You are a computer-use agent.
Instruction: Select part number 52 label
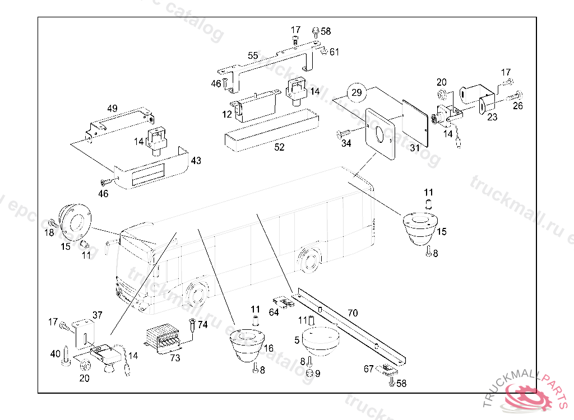point(279,147)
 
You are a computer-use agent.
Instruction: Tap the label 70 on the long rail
point(353,313)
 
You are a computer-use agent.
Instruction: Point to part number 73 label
point(175,358)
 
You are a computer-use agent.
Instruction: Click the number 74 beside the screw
point(203,325)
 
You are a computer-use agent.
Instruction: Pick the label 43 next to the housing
point(196,161)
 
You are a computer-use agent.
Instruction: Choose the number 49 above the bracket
point(112,108)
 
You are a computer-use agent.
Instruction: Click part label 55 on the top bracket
point(253,55)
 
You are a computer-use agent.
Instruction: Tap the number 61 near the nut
point(334,52)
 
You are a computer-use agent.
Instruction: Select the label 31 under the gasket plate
point(414,148)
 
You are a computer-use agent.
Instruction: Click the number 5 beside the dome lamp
point(297,339)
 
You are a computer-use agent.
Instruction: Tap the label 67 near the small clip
point(368,369)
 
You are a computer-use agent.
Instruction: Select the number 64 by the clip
point(274,312)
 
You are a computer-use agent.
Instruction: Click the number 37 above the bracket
point(98,315)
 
